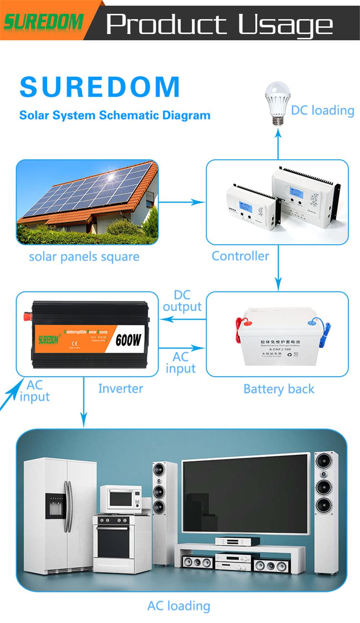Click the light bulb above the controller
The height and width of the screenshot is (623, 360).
[277, 104]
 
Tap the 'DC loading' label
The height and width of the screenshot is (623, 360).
[323, 110]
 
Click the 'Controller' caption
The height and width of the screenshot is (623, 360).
[240, 256]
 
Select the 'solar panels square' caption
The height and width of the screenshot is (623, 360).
[84, 257]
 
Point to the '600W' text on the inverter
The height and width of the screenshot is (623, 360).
[129, 340]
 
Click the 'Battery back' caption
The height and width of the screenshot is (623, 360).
[279, 389]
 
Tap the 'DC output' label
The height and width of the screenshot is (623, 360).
[182, 301]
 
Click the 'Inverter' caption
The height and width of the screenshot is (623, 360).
[120, 389]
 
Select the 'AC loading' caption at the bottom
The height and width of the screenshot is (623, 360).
[179, 606]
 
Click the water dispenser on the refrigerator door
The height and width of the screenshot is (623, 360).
[55, 506]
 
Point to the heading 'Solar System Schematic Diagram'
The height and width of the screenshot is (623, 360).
[114, 115]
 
